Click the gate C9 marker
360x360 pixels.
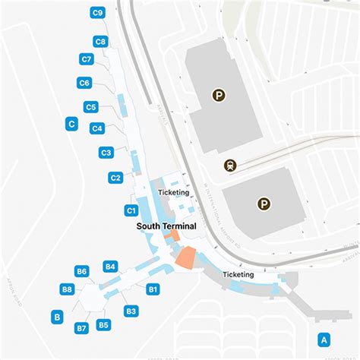pyautogui.click(x=97, y=12)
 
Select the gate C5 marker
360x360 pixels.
pyautogui.click(x=90, y=107)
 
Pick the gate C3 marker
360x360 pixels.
pyautogui.click(x=106, y=153)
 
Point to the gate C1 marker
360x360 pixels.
pyautogui.click(x=131, y=210)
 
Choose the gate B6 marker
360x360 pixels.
pyautogui.click(x=82, y=271)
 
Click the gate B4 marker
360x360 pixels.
pyautogui.click(x=110, y=266)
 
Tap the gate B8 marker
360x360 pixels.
pyautogui.click(x=67, y=289)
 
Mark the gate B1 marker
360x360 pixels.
pyautogui.click(x=153, y=289)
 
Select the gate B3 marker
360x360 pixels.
pyautogui.click(x=131, y=311)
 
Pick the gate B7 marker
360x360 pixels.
pyautogui.click(x=81, y=327)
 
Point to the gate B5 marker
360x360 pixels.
pyautogui.click(x=104, y=325)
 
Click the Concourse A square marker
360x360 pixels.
pyautogui.click(x=324, y=339)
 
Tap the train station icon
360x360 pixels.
pyautogui.click(x=229, y=165)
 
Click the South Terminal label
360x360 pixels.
pyautogui.click(x=166, y=226)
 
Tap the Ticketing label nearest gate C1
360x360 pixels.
pyautogui.click(x=173, y=193)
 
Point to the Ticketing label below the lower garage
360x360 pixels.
pyautogui.click(x=238, y=274)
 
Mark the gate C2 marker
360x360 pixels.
pyautogui.click(x=115, y=178)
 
